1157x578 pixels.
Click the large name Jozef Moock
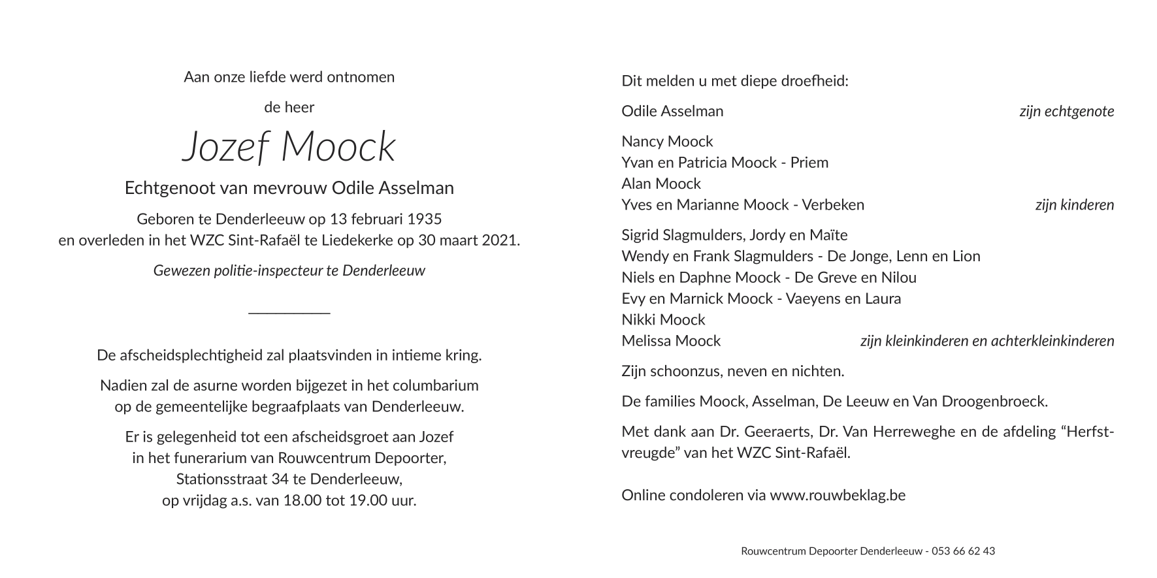[289, 146]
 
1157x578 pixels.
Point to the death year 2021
[500, 240]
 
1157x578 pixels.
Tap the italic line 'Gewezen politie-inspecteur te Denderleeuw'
[289, 270]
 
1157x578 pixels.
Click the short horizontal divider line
[289, 313]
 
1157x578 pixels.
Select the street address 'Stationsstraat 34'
[232, 479]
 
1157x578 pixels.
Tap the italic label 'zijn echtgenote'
[1066, 111]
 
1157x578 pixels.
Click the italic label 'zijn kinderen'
[1074, 204]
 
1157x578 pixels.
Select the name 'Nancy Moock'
[667, 141]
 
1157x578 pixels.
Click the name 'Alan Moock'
[661, 184]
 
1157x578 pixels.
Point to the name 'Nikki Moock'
[663, 319]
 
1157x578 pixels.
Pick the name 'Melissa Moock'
[671, 340]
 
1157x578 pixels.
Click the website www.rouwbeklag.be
[838, 495]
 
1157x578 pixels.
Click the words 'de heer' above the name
[289, 107]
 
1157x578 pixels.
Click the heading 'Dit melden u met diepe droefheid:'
[735, 81]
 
